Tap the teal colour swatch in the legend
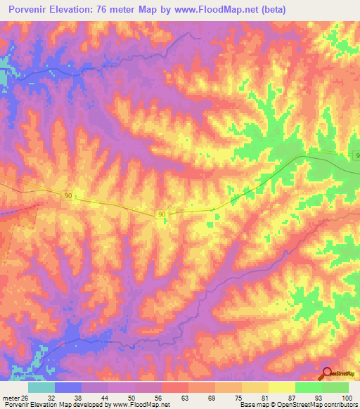pyautogui.click(x=41, y=387)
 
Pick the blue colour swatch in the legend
pyautogui.click(x=67, y=387)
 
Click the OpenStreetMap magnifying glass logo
pyautogui.click(x=327, y=374)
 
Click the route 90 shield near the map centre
pyautogui.click(x=162, y=214)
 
